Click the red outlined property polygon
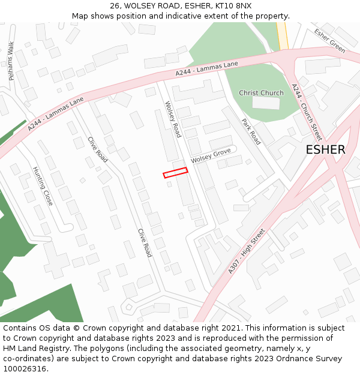[175, 173]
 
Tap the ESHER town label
[325, 150]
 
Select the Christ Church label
[261, 93]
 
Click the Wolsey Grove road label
[211, 156]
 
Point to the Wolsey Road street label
[173, 119]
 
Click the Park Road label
[251, 131]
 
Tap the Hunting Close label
[43, 186]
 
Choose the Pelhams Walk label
[11, 61]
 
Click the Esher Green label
[330, 41]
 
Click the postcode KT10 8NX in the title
[235, 6]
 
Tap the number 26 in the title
[115, 6]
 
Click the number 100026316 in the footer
[25, 369]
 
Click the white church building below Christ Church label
[265, 103]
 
